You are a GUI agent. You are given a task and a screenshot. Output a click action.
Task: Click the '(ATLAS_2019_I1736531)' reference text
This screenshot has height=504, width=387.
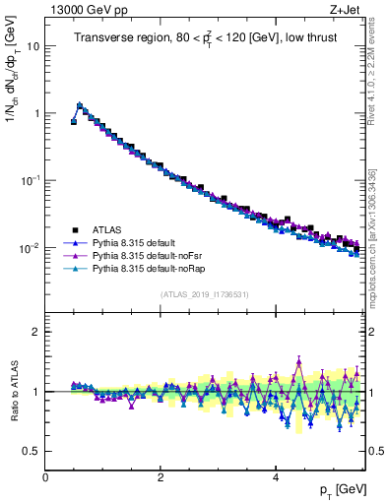click(x=205, y=294)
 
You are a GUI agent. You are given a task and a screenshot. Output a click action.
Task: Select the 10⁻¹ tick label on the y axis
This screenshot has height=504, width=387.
click(x=31, y=180)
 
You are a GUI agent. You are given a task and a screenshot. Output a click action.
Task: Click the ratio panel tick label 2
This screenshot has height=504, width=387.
click(x=36, y=332)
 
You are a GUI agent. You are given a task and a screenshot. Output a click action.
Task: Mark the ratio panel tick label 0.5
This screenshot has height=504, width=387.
click(x=32, y=451)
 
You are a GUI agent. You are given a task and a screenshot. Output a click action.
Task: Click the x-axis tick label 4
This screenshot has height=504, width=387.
click(x=275, y=477)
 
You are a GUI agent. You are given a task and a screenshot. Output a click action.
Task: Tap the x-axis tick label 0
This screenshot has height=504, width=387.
click(x=45, y=477)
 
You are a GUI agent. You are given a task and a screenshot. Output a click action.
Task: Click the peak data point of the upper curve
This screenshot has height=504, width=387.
click(x=80, y=104)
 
